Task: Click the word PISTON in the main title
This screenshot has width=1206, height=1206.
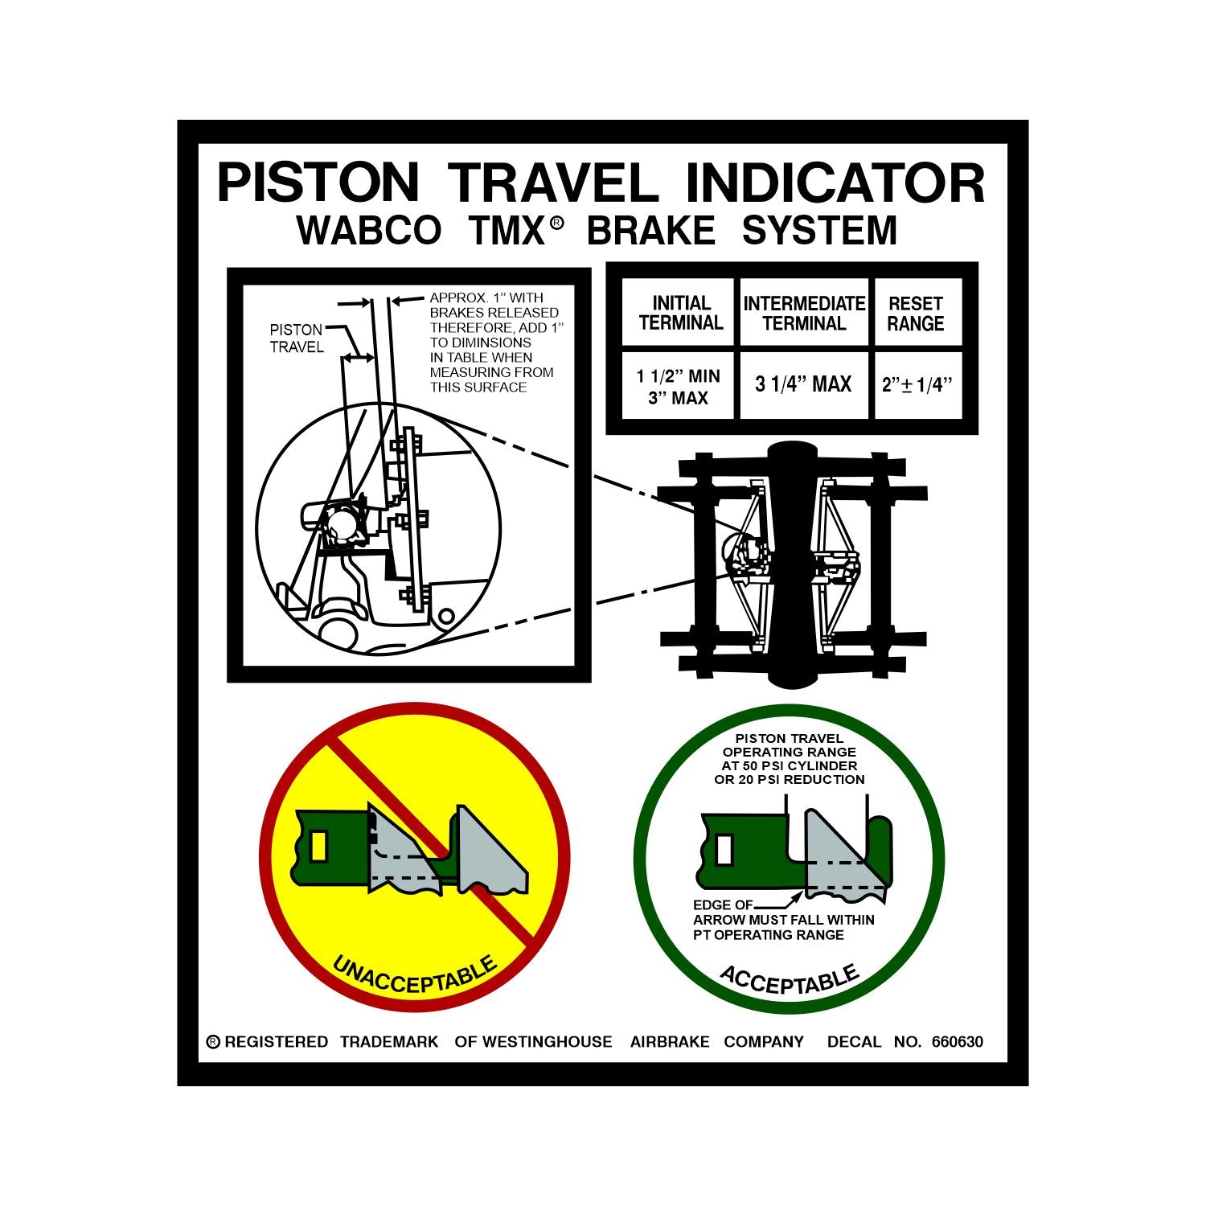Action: [318, 183]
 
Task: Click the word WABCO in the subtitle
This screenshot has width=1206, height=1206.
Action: [370, 231]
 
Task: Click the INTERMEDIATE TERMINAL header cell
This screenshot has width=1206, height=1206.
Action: [804, 313]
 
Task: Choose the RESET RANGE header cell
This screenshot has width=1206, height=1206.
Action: [916, 313]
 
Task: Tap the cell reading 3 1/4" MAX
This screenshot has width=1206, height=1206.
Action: [803, 384]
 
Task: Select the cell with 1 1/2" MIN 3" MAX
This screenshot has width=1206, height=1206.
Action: [679, 387]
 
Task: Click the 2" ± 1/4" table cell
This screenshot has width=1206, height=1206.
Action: [917, 385]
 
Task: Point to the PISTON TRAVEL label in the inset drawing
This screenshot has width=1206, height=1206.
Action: [297, 338]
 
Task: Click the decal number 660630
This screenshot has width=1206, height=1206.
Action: [957, 1042]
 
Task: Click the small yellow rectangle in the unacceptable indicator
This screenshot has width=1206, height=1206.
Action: [319, 846]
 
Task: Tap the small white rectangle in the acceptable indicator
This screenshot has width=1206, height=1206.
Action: [724, 849]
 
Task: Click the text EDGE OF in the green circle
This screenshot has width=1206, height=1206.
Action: [723, 905]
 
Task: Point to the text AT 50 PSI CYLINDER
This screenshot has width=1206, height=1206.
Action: [789, 765]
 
